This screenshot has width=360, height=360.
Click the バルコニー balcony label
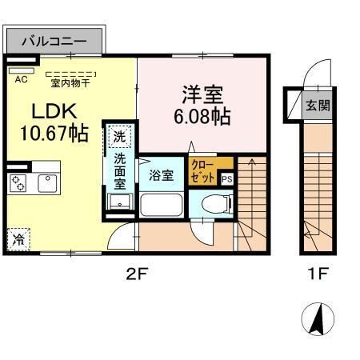[54, 38]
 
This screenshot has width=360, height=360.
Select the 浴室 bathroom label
[162, 175]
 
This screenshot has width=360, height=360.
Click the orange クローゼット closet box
[203, 170]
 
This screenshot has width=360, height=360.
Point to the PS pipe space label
[227, 179]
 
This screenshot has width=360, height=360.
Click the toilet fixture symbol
[211, 203]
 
